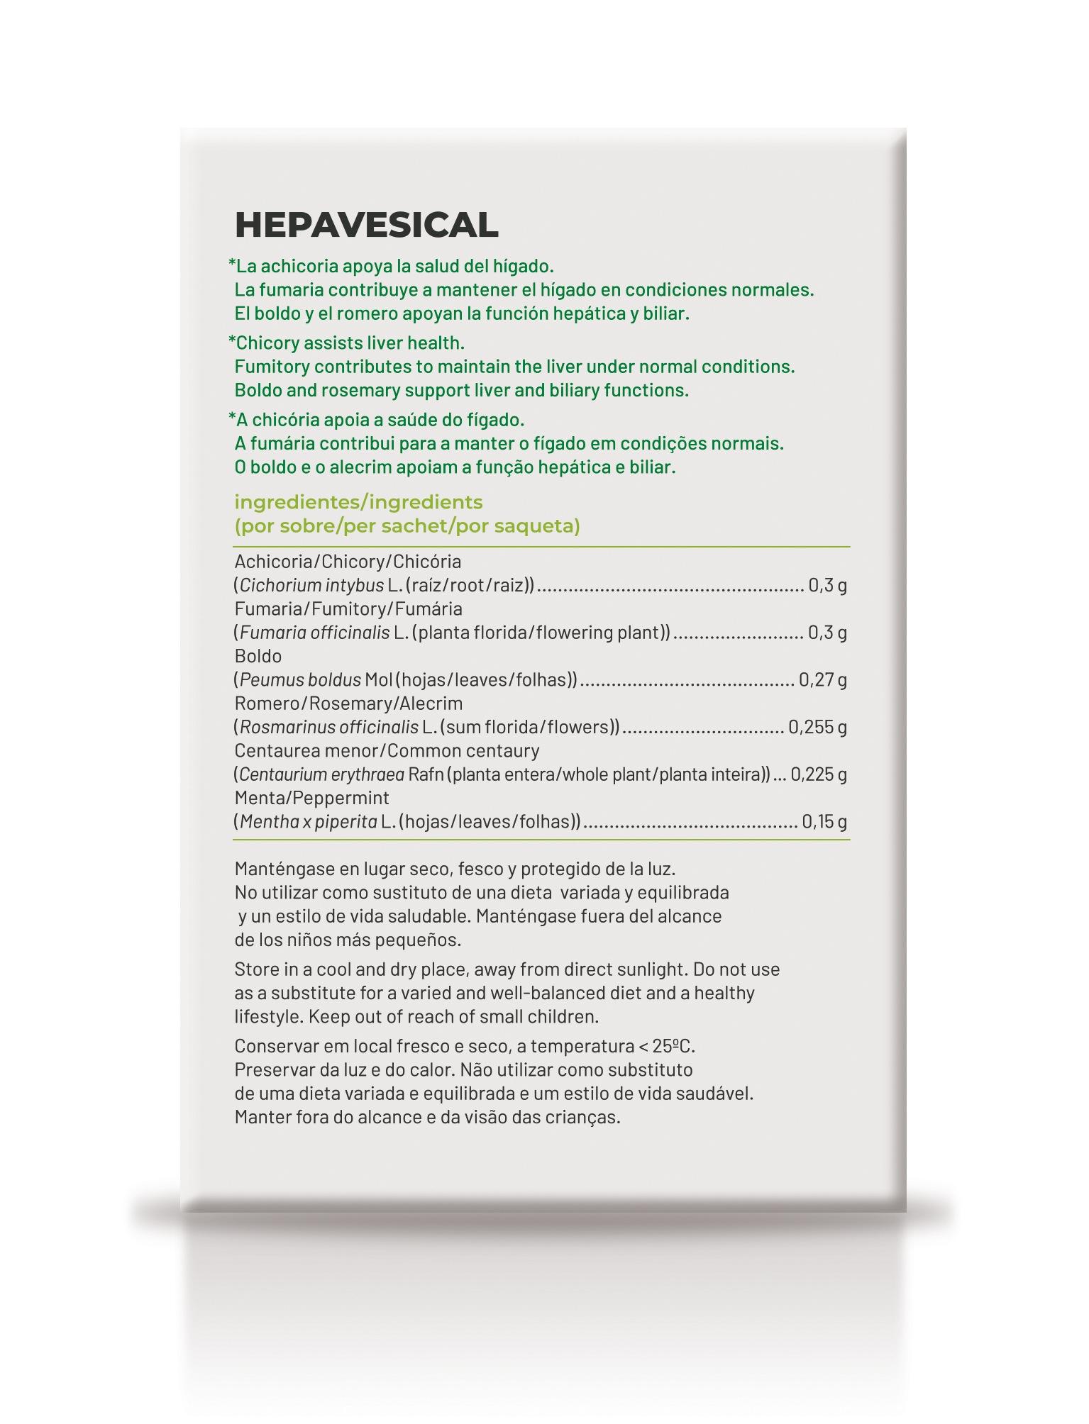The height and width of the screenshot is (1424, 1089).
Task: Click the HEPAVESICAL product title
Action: [366, 225]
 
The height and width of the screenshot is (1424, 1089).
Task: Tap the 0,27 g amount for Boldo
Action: [822, 679]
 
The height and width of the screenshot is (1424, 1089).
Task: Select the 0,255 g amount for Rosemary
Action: [817, 727]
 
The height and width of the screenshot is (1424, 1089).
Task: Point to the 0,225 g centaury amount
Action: [819, 774]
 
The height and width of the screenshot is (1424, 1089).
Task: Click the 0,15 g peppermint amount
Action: [824, 821]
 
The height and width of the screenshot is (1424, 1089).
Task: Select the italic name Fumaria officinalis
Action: [314, 632]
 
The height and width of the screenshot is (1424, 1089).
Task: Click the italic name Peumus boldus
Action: [300, 679]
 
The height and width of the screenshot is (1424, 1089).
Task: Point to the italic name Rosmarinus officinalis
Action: [328, 727]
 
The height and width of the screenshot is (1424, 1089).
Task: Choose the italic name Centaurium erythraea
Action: [321, 774]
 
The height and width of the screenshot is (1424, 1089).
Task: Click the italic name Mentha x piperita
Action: [308, 821]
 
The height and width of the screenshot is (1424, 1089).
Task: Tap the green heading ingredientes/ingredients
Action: [358, 502]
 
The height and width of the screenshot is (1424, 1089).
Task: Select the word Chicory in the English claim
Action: [267, 343]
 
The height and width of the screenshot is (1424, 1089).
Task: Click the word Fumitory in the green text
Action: [272, 367]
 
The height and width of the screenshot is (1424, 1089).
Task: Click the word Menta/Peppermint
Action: [311, 798]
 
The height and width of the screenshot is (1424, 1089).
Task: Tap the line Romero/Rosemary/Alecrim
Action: [348, 703]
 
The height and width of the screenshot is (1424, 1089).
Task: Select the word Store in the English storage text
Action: [256, 969]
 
